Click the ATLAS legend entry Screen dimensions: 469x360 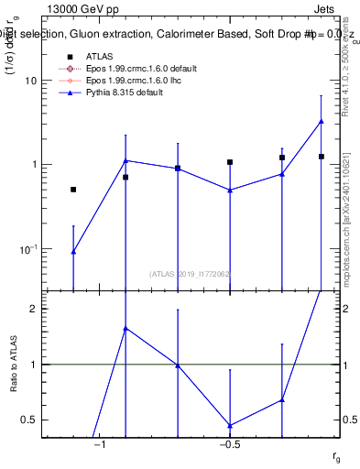[98, 57]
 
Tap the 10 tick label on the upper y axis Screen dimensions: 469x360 [29, 81]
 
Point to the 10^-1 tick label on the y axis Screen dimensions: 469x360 [27, 249]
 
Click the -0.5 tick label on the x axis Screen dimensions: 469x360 [229, 446]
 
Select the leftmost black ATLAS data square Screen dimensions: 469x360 [73, 190]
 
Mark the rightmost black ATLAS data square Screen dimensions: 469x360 [322, 157]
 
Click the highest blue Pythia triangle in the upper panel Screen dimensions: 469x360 [322, 121]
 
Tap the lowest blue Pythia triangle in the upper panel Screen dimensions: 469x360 [73, 251]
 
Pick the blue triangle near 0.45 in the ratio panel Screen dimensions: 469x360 [230, 425]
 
